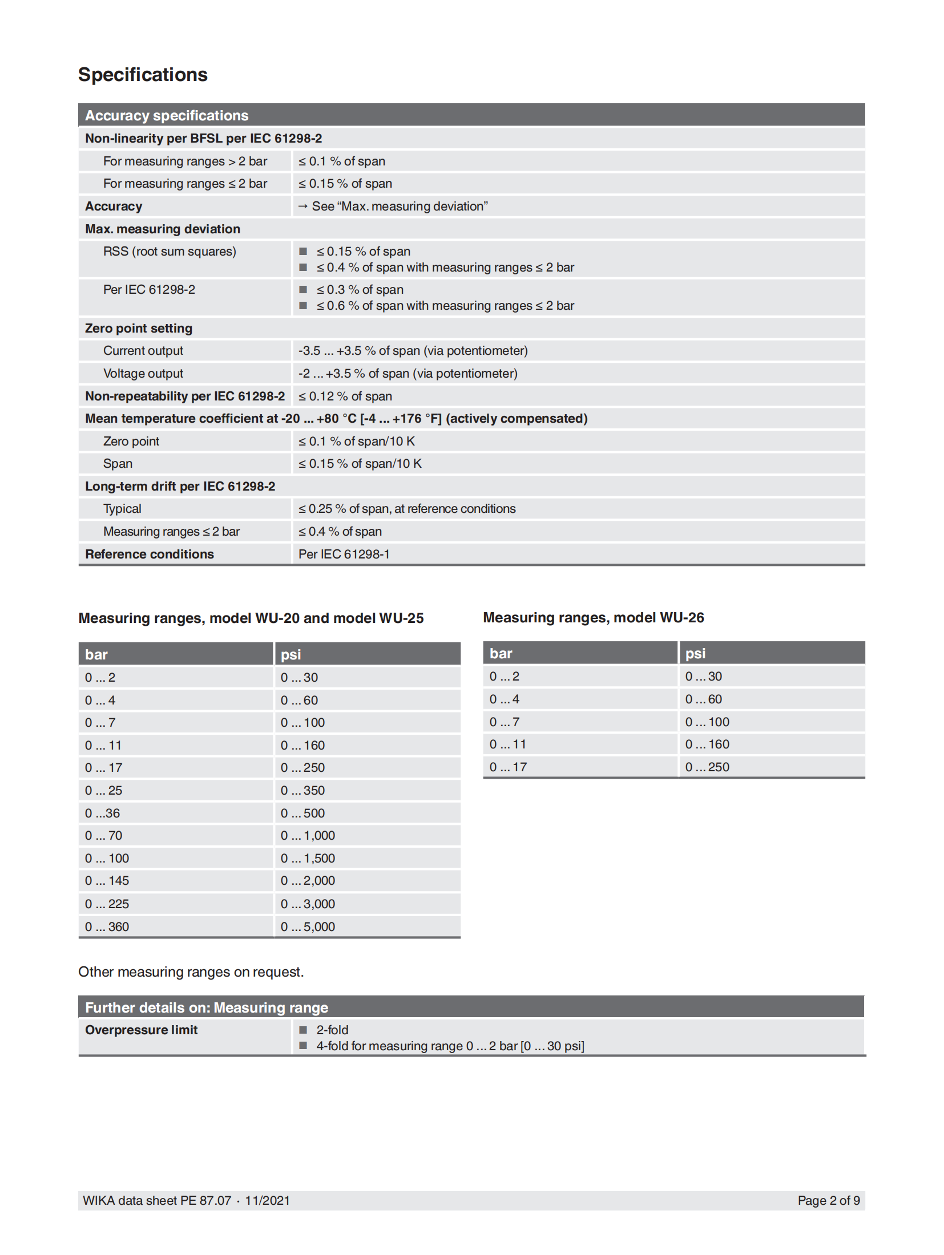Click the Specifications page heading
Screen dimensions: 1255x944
coord(143,75)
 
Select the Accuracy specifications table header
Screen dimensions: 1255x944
coord(167,115)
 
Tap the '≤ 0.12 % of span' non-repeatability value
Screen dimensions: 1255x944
coord(345,396)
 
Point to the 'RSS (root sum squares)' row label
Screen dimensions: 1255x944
coord(170,251)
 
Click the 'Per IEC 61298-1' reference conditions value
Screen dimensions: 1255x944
coord(344,554)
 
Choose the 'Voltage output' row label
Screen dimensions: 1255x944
coord(143,373)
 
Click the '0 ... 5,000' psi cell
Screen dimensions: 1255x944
coord(308,926)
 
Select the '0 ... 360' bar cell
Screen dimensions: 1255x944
coord(107,926)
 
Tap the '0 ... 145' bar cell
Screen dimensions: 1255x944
coord(107,880)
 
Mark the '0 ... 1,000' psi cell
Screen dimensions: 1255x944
coord(308,835)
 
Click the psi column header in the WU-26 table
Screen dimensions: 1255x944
coord(695,653)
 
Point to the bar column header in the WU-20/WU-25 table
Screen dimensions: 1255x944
coord(96,654)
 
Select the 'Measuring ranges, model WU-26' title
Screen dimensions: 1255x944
coord(593,617)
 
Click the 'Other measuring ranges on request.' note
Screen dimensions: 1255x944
coord(191,971)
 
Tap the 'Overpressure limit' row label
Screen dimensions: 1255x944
coord(141,1030)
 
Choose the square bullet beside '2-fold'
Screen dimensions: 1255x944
coord(304,1030)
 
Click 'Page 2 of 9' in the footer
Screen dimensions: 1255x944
coord(828,1200)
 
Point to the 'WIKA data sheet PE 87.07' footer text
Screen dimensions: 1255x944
coord(157,1200)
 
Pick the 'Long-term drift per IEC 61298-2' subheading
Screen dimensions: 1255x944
coord(180,486)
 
